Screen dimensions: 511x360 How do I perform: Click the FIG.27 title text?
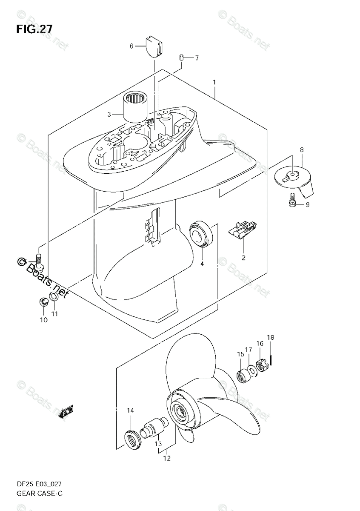click(x=34, y=29)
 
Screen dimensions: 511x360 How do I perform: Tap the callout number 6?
click(x=132, y=46)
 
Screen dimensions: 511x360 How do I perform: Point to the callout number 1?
click(x=214, y=82)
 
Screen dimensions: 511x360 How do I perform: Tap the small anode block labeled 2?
click(x=242, y=233)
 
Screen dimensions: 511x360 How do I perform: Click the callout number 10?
click(x=43, y=320)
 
